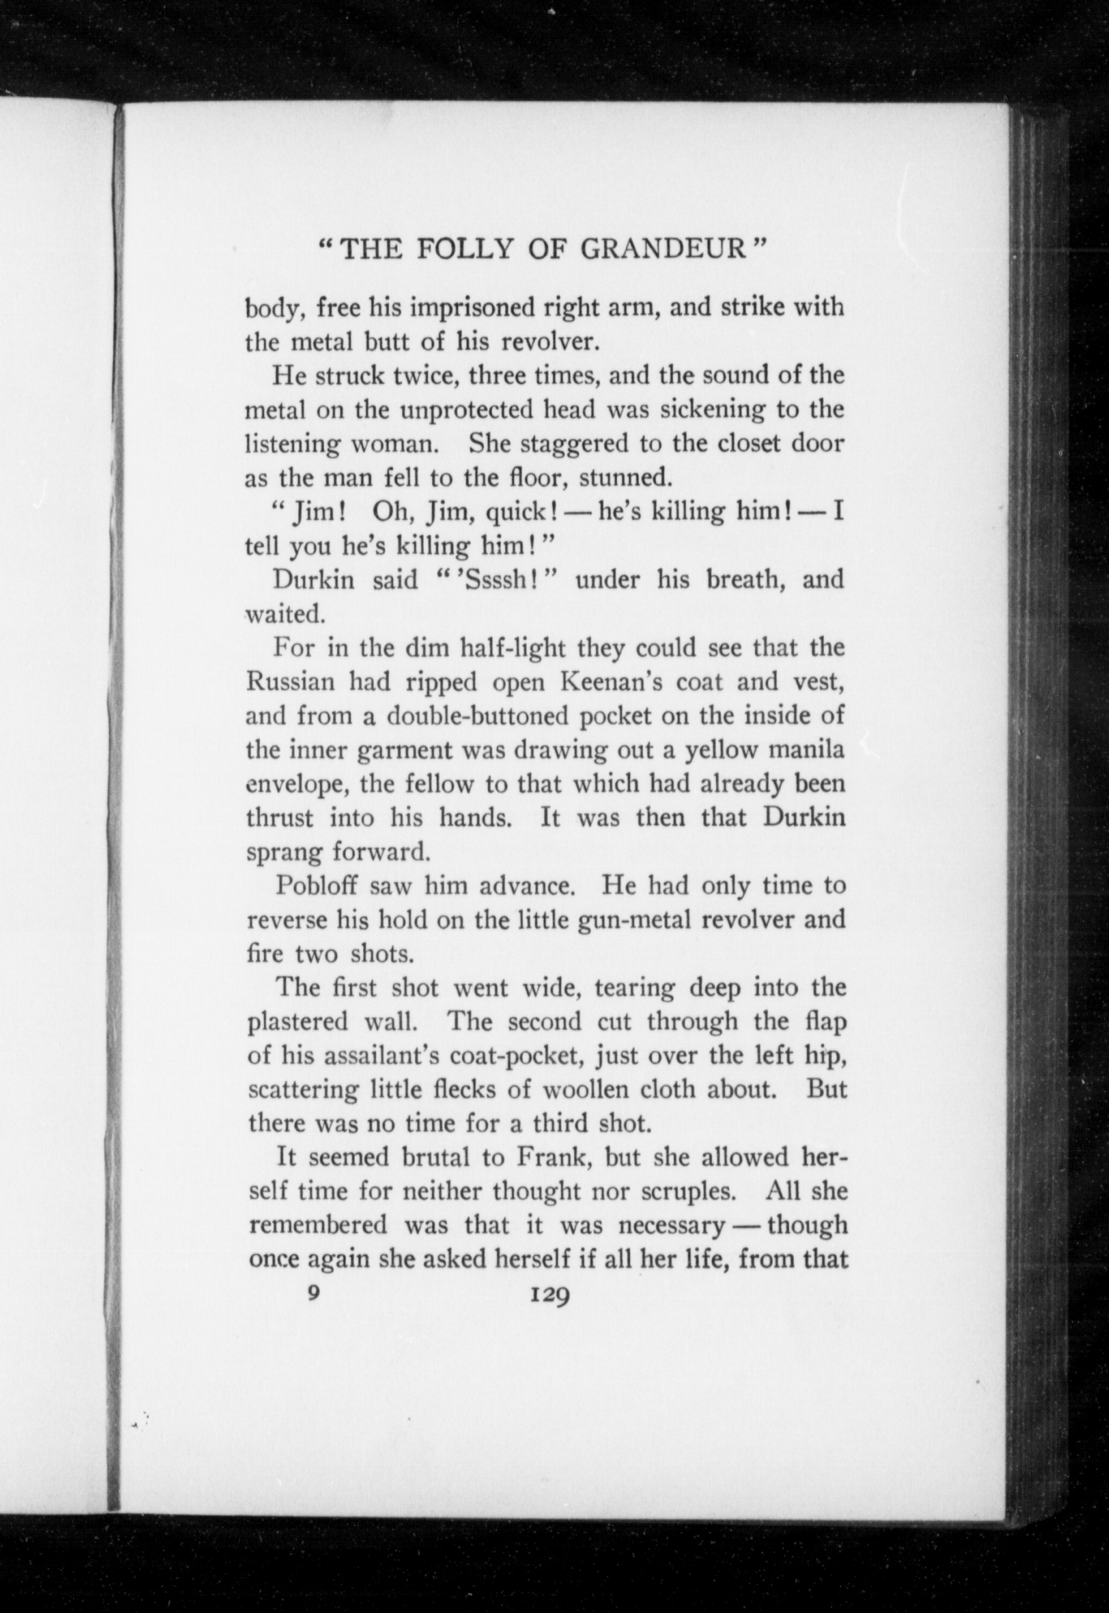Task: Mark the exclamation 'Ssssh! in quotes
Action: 497,579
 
